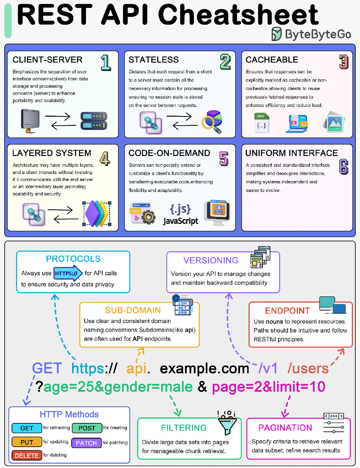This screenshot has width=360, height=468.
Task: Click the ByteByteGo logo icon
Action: pyautogui.click(x=276, y=34)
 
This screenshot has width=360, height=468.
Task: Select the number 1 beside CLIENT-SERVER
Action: pyautogui.click(x=106, y=63)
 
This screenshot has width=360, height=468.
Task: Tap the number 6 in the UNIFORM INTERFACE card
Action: pyautogui.click(x=344, y=167)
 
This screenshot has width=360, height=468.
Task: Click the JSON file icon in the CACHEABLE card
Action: pyautogui.click(x=262, y=123)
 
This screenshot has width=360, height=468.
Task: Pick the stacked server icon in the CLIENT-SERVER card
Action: pyautogui.click(x=94, y=121)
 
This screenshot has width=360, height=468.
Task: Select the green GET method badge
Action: pyautogui.click(x=27, y=428)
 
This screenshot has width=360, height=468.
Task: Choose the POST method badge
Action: pyautogui.click(x=87, y=428)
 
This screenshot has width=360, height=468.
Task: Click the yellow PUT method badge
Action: pyautogui.click(x=27, y=442)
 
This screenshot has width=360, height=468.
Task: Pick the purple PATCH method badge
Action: pyautogui.click(x=86, y=443)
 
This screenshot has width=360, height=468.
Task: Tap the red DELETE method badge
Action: pyautogui.click(x=27, y=455)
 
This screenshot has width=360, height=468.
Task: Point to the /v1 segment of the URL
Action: pyautogui.click(x=268, y=369)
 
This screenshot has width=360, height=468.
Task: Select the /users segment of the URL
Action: pyautogui.click(x=308, y=369)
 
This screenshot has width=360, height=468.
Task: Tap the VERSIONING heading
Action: pyautogui.click(x=211, y=260)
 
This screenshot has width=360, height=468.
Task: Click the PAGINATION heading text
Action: pyautogui.click(x=285, y=428)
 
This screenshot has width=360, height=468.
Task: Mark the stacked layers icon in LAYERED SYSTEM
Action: pyautogui.click(x=97, y=214)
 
